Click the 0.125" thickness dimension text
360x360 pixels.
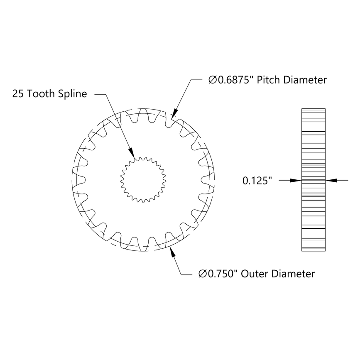point(257,181)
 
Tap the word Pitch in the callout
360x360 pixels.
point(269,80)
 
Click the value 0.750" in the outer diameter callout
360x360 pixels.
point(222,274)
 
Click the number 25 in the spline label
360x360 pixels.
point(18,94)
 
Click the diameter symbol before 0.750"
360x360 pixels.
point(202,274)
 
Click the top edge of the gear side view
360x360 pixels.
point(313,108)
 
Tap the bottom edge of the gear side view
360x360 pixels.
point(313,252)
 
